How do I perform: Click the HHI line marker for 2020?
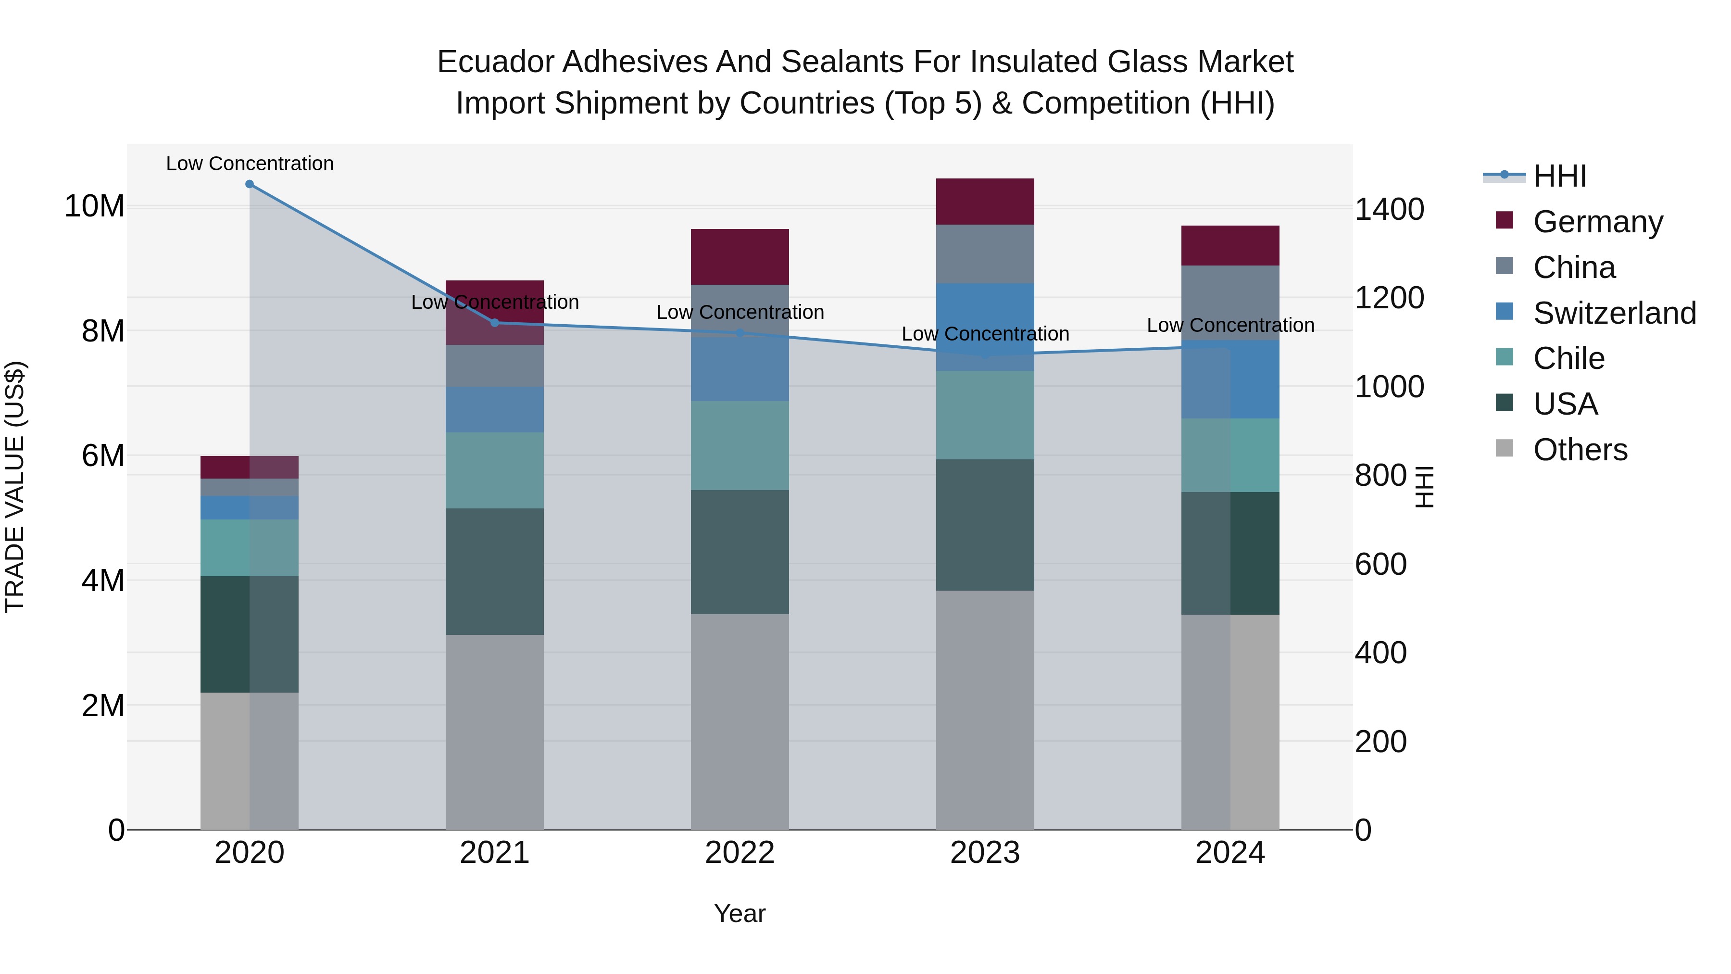tap(249, 184)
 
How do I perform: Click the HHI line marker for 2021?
tap(495, 323)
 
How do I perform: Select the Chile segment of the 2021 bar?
tap(495, 470)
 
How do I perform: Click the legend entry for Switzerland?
tap(1614, 313)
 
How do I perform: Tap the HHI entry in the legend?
tap(1559, 176)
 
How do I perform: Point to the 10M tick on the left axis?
tap(94, 206)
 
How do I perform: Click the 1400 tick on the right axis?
tap(1388, 209)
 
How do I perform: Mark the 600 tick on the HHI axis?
tap(1380, 564)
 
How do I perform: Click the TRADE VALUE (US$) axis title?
tap(15, 487)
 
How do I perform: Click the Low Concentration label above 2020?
tap(249, 164)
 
